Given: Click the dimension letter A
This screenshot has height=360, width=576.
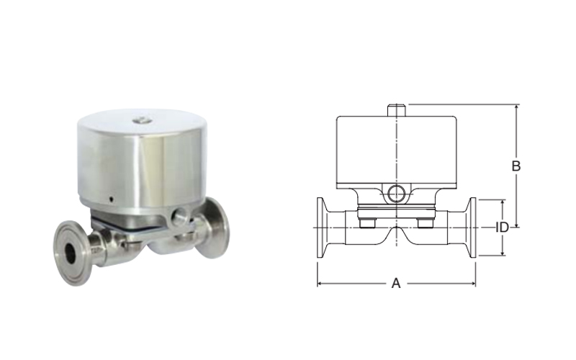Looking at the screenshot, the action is point(395,283).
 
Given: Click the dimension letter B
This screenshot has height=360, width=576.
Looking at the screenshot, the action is point(516,166).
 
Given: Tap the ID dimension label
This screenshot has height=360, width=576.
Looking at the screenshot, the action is point(502,228).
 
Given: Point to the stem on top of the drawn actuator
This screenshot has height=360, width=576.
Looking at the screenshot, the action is point(397,111).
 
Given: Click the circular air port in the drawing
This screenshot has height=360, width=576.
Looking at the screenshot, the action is point(397,193).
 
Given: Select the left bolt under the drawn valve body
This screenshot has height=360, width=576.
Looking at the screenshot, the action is point(366,223).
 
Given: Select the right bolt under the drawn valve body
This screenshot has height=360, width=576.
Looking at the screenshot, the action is point(425,223).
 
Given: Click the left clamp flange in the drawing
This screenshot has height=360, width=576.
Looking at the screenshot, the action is point(320,228).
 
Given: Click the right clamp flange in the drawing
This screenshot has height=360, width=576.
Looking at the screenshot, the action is point(473,228).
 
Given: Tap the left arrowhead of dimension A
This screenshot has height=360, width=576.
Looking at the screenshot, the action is point(320,283).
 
